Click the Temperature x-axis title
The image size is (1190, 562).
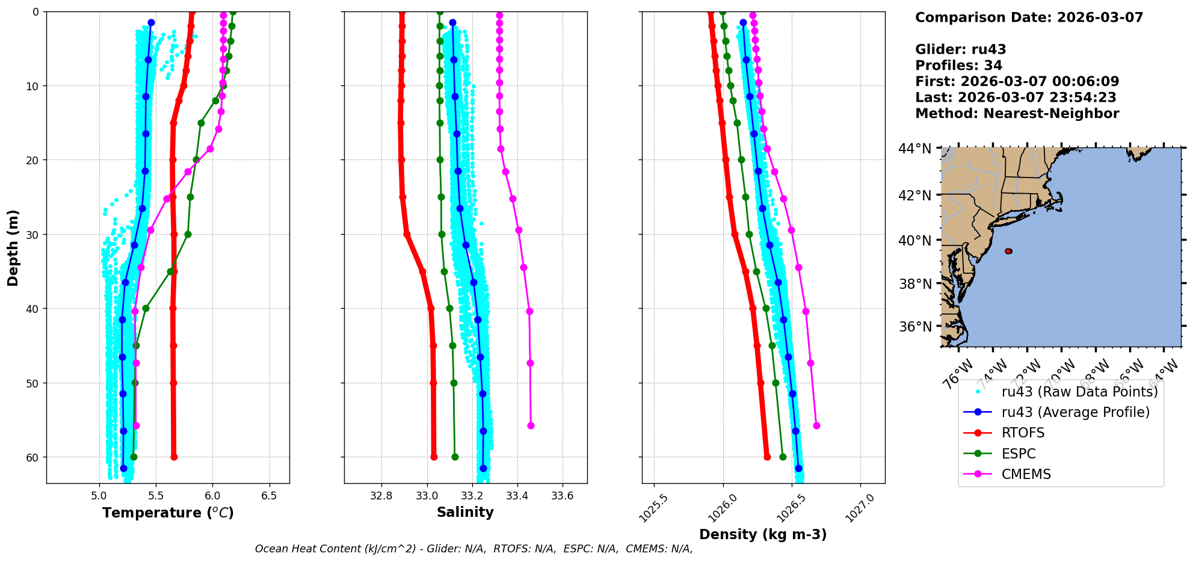click(x=168, y=513)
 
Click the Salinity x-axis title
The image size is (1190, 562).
click(x=465, y=512)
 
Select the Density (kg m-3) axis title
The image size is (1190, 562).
click(x=763, y=534)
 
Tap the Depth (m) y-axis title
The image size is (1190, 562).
click(x=13, y=247)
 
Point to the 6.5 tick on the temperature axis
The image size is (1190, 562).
click(x=269, y=496)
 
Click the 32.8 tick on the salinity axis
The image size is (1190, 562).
click(x=381, y=496)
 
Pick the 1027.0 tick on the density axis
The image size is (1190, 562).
click(x=859, y=507)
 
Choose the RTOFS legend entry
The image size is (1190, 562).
click(x=1023, y=433)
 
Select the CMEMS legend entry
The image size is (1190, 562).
click(x=1026, y=474)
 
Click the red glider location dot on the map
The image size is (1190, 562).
click(x=1008, y=251)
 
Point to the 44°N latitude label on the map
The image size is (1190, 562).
click(x=914, y=149)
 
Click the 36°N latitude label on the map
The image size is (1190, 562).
click(x=914, y=327)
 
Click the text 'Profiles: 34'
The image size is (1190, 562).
click(x=958, y=66)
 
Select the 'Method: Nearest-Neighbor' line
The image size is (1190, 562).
click(x=1017, y=113)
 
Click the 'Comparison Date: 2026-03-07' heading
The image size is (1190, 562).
click(x=1029, y=17)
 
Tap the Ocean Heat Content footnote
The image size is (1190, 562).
click(x=473, y=549)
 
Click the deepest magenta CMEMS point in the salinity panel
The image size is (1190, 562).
click(x=531, y=425)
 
